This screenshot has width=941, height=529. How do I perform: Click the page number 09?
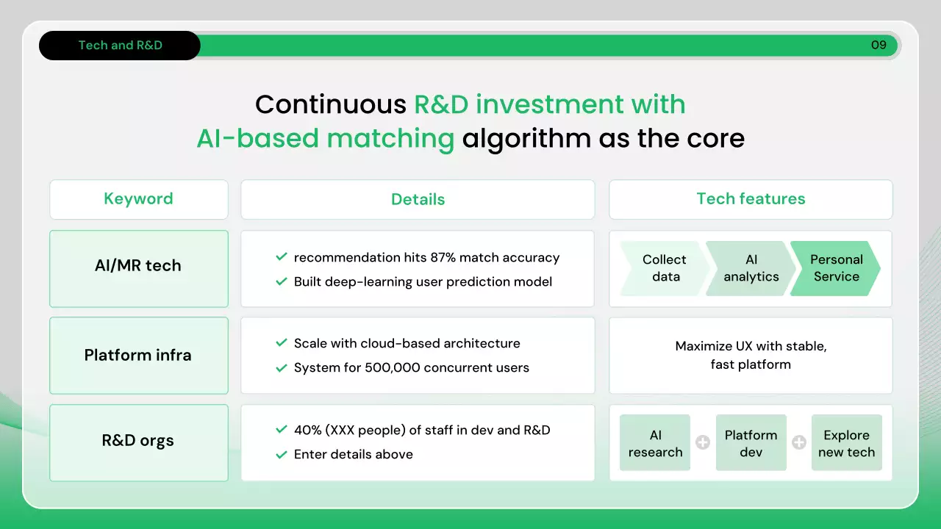(x=879, y=45)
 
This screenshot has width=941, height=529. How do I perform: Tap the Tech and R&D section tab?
(x=120, y=46)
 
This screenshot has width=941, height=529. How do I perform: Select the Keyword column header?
(x=139, y=199)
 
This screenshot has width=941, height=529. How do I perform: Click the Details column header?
(x=418, y=199)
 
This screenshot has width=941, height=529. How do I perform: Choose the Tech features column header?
(x=751, y=199)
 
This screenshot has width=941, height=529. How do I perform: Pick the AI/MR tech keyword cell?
(x=139, y=268)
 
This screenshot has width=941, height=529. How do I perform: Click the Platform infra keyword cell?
(x=139, y=355)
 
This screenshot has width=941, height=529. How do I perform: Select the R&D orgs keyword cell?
(x=139, y=442)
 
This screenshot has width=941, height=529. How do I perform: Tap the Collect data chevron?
(x=664, y=268)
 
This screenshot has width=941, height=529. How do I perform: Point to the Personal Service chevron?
(x=836, y=268)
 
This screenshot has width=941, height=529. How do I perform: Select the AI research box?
(x=655, y=442)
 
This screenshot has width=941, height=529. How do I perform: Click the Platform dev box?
(x=751, y=442)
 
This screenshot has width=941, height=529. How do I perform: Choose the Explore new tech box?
(x=846, y=442)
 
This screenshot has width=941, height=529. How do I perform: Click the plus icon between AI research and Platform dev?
(x=703, y=442)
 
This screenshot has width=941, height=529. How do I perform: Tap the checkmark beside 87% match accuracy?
(x=282, y=256)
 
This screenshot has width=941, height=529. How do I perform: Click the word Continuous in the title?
(x=331, y=104)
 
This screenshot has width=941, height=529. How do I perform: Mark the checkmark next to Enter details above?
(x=282, y=454)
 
